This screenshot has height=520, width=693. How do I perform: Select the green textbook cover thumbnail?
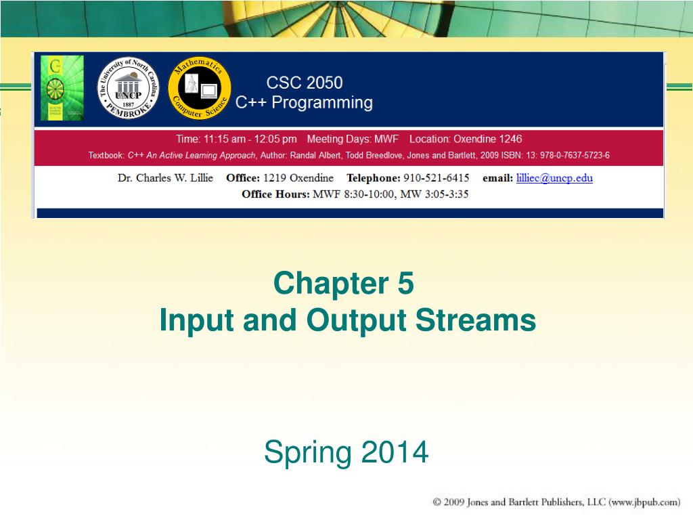(x=62, y=88)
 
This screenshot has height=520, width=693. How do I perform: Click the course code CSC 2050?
(x=304, y=83)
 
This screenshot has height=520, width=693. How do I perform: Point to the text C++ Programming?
(x=304, y=103)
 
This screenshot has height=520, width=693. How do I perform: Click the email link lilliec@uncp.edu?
(x=554, y=178)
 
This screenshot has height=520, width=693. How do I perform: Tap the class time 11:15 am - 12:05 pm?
(x=236, y=139)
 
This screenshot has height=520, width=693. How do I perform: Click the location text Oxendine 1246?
(x=487, y=139)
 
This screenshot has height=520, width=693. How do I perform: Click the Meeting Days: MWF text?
(x=353, y=139)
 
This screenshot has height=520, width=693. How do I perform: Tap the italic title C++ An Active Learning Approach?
(x=192, y=156)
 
